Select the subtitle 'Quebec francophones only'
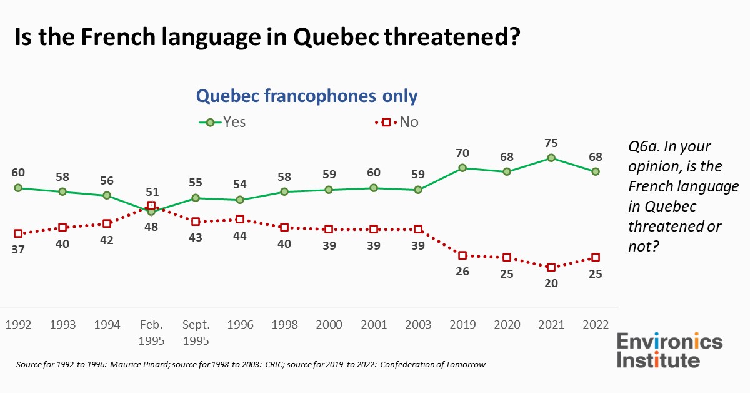(x=307, y=96)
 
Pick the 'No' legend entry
(x=400, y=122)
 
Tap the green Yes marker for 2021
(x=551, y=158)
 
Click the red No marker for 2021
(x=551, y=267)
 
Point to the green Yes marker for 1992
(x=18, y=188)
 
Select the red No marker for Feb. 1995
(x=151, y=205)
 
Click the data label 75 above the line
(x=551, y=141)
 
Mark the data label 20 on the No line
(x=551, y=283)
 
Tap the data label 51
(x=151, y=191)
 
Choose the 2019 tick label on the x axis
(x=462, y=325)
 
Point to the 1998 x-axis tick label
(x=284, y=325)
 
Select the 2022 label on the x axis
(x=596, y=325)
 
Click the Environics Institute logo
(x=669, y=350)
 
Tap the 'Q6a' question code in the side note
(x=644, y=146)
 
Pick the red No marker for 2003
(x=418, y=229)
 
